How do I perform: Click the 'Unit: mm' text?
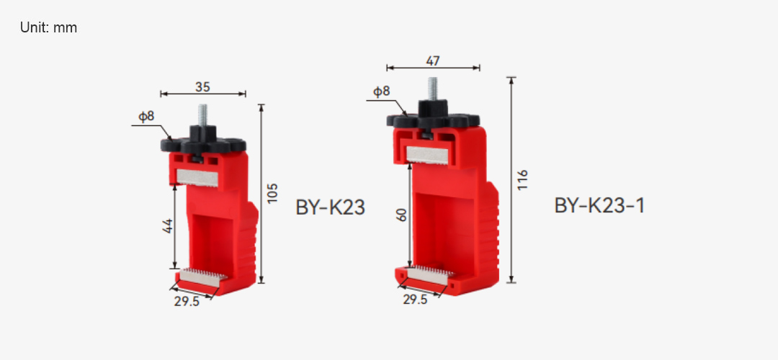click(x=49, y=28)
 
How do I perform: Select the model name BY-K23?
click(x=331, y=207)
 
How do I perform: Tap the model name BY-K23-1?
click(x=599, y=205)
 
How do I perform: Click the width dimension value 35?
click(x=202, y=87)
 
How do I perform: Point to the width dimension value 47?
click(x=433, y=61)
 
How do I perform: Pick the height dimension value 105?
click(x=272, y=193)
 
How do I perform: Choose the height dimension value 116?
click(x=522, y=180)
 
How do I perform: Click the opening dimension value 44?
click(x=167, y=226)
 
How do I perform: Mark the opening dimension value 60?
click(x=402, y=215)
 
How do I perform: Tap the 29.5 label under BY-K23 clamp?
click(x=187, y=301)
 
